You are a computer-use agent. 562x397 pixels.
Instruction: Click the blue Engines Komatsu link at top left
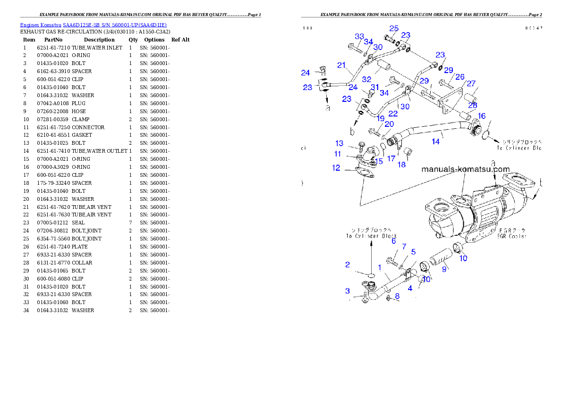click(x=93, y=25)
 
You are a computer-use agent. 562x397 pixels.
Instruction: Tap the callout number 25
click(x=394, y=28)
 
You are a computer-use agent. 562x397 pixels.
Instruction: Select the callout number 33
click(x=359, y=36)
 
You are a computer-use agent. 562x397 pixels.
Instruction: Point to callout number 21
click(x=341, y=65)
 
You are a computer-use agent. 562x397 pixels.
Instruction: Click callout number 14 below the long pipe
click(x=435, y=141)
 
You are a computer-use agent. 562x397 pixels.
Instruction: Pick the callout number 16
click(x=481, y=116)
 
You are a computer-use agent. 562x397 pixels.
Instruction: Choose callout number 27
click(x=471, y=83)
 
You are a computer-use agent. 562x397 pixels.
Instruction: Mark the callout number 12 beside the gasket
click(x=336, y=167)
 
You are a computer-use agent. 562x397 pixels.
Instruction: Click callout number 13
click(x=340, y=143)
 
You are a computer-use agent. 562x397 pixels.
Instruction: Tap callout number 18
click(x=401, y=165)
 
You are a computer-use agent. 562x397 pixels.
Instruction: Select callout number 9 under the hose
click(x=444, y=269)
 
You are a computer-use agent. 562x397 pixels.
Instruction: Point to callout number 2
click(x=348, y=265)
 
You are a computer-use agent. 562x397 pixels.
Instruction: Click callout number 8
click(x=397, y=296)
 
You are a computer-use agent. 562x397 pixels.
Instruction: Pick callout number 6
click(x=393, y=241)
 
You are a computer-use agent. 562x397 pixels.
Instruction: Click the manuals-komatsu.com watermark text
click(x=466, y=169)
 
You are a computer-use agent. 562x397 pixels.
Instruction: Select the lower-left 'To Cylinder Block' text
click(x=371, y=236)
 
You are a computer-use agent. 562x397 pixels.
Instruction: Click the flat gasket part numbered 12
click(x=362, y=173)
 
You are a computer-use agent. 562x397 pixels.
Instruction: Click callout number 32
click(x=366, y=80)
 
